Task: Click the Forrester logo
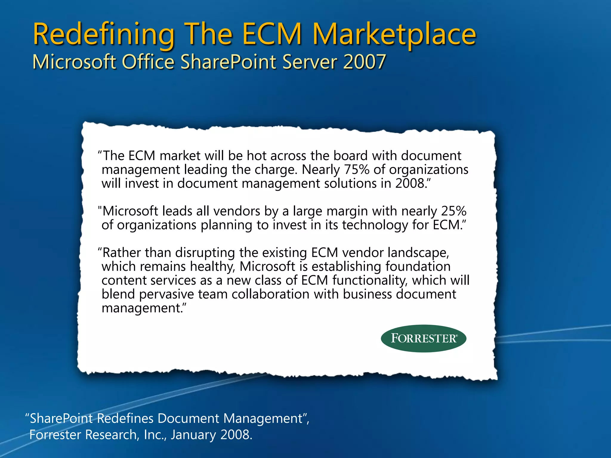pyautogui.click(x=423, y=338)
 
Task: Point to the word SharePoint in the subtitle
pyautogui.click(x=229, y=62)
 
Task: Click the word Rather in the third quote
pyautogui.click(x=122, y=253)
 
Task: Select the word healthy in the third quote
pyautogui.click(x=212, y=267)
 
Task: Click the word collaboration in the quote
pyautogui.click(x=270, y=294)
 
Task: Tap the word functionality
pyautogui.click(x=370, y=280)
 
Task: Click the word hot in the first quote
pyautogui.click(x=256, y=156)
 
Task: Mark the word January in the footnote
pyautogui.click(x=193, y=435)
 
